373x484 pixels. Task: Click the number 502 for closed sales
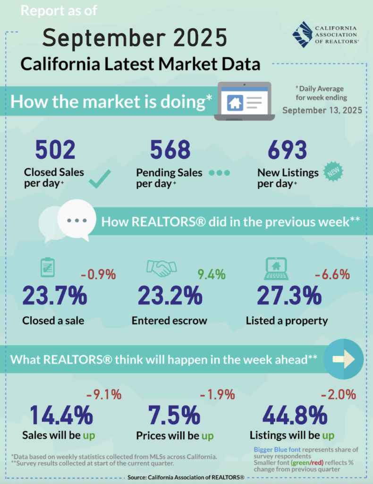click(55, 151)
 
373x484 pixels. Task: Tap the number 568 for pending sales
click(170, 151)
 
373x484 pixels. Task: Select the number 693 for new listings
click(288, 151)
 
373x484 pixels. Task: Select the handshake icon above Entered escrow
click(159, 268)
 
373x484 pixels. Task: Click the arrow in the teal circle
click(343, 360)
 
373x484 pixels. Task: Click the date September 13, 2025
click(322, 111)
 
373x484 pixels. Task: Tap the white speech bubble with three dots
click(76, 220)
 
